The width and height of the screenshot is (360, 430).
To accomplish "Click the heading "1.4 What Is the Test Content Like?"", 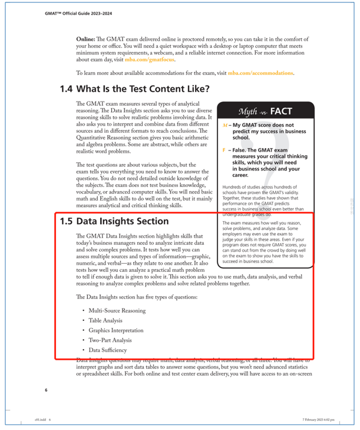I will (x=134, y=89).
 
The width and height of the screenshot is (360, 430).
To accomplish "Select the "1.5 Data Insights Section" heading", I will (x=114, y=221).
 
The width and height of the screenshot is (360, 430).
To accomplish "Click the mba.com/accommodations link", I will (x=260, y=73).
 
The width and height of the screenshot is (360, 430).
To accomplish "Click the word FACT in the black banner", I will (x=281, y=110).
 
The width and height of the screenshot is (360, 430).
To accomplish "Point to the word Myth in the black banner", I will (x=248, y=111).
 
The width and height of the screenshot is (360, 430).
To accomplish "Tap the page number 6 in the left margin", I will (x=46, y=390).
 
